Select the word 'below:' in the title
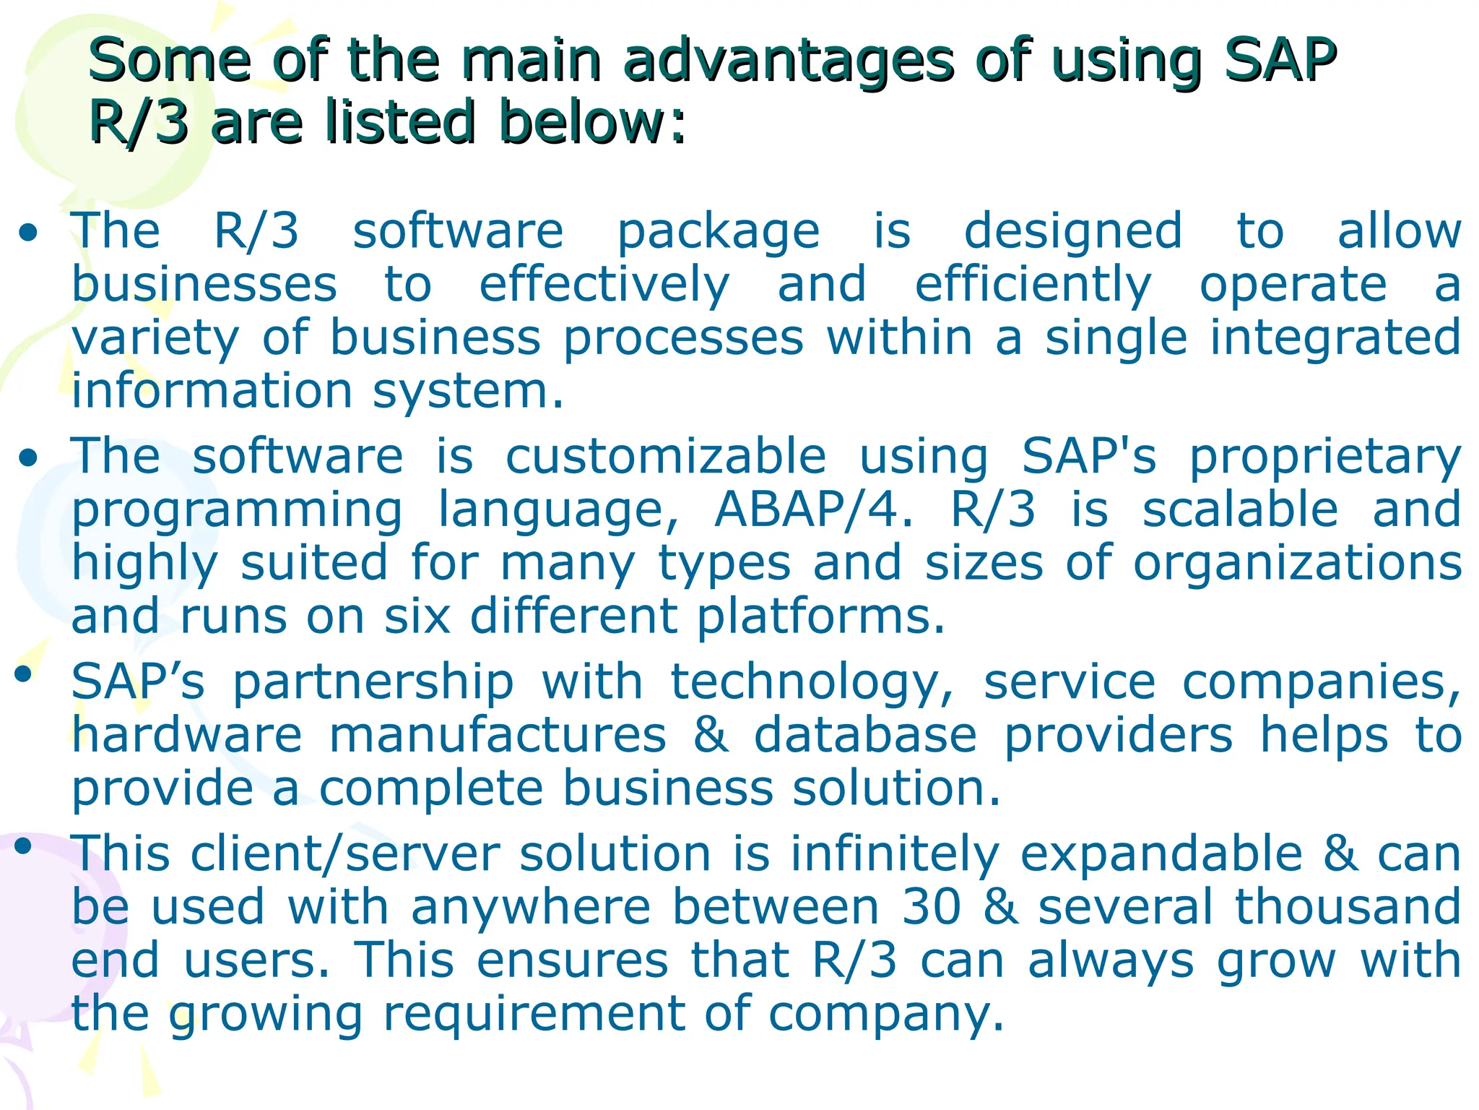click(x=592, y=121)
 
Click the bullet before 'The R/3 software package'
click(x=29, y=233)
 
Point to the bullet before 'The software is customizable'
click(x=29, y=458)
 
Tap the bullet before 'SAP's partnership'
click(x=23, y=674)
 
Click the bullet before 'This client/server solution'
click(x=23, y=845)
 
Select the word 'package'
click(x=719, y=233)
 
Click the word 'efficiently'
click(x=1033, y=285)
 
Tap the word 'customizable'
click(x=665, y=457)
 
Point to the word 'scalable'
click(x=1240, y=509)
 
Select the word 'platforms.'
click(x=820, y=617)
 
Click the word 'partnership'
click(x=373, y=684)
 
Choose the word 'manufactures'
click(x=498, y=736)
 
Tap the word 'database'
click(x=865, y=736)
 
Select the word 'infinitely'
click(x=895, y=854)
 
